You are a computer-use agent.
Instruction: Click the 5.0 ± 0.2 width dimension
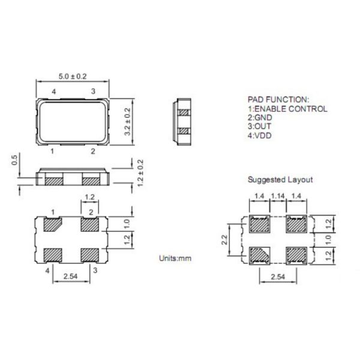(x=73, y=76)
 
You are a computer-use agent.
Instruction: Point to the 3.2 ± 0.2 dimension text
(x=127, y=122)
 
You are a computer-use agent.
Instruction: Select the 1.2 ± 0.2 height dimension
(x=140, y=173)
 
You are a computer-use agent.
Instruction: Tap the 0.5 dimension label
(x=14, y=160)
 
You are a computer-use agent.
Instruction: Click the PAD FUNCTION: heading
(x=278, y=100)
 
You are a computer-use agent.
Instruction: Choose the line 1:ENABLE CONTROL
(x=287, y=109)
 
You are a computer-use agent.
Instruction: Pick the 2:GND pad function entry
(x=260, y=118)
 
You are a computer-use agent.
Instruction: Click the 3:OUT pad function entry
(x=259, y=126)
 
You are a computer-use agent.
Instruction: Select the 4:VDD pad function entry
(x=259, y=136)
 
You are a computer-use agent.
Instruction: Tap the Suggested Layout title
(x=280, y=179)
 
